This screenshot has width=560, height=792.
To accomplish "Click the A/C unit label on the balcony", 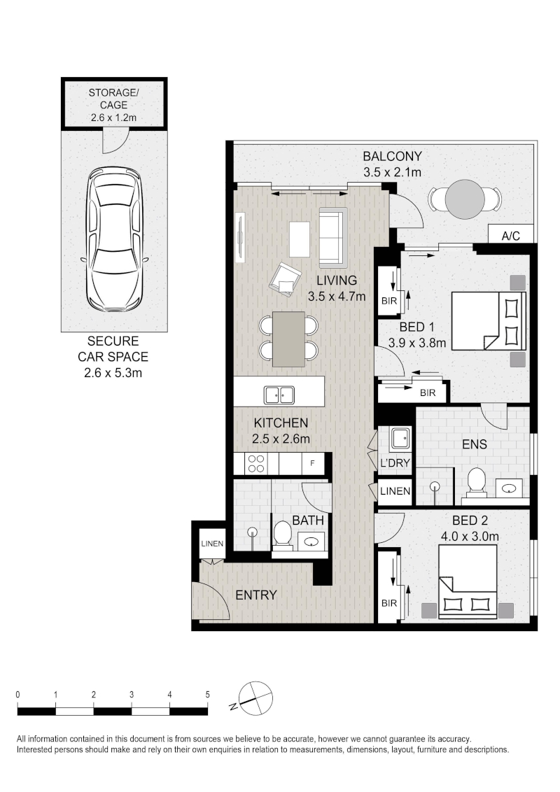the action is pyautogui.click(x=510, y=236).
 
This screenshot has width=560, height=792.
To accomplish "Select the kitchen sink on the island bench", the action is pyautogui.click(x=279, y=395).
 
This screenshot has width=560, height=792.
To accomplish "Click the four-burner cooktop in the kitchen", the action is pyautogui.click(x=256, y=464).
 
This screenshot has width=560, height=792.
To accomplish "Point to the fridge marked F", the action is pyautogui.click(x=312, y=462).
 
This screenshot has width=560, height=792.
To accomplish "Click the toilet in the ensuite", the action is pyautogui.click(x=476, y=481).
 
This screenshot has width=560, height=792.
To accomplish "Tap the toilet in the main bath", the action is pyautogui.click(x=283, y=534).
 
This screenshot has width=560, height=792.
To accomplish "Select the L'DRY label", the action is pyautogui.click(x=395, y=462).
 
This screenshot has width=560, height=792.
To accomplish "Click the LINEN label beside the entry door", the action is pyautogui.click(x=212, y=544).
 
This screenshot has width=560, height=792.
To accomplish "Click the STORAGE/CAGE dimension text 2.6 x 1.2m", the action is pyautogui.click(x=113, y=118).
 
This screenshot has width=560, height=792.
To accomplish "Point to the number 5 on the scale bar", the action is pyautogui.click(x=207, y=695).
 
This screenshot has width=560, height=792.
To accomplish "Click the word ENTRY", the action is pyautogui.click(x=255, y=595).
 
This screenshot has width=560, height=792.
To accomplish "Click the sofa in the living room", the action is pyautogui.click(x=331, y=239).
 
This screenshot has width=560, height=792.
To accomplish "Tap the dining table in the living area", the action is pyautogui.click(x=288, y=339).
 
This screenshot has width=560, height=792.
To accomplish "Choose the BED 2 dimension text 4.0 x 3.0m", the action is pyautogui.click(x=470, y=536).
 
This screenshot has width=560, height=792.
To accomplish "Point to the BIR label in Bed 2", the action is pyautogui.click(x=388, y=603).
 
